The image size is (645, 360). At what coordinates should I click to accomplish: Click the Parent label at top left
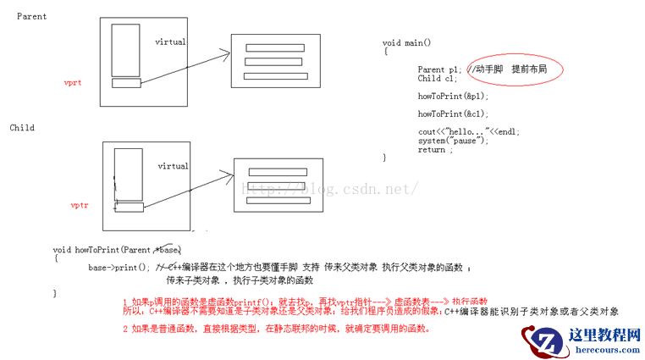pyautogui.click(x=31, y=16)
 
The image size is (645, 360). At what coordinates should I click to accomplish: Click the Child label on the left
pyautogui.click(x=22, y=128)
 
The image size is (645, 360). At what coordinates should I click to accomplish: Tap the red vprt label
pyautogui.click(x=72, y=83)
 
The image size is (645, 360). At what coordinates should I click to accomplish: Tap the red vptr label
pyautogui.click(x=80, y=205)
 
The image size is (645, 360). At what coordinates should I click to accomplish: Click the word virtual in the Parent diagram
pyautogui.click(x=171, y=42)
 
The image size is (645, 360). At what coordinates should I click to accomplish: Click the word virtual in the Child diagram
pyautogui.click(x=173, y=166)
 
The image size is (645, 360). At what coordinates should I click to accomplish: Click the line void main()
pyautogui.click(x=406, y=42)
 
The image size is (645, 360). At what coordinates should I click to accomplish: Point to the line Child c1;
pyautogui.click(x=436, y=78)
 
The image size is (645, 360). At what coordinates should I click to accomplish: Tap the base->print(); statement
pyautogui.click(x=119, y=267)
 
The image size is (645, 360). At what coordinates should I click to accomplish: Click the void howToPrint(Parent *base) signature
pyautogui.click(x=117, y=250)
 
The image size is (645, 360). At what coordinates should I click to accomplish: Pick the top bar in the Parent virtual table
pyautogui.click(x=273, y=47)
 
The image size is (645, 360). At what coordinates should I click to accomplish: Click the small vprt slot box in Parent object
pyautogui.click(x=124, y=82)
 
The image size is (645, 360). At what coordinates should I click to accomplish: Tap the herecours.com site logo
pyautogui.click(x=585, y=339)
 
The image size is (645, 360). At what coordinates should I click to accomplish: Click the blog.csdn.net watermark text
pyautogui.click(x=330, y=188)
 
